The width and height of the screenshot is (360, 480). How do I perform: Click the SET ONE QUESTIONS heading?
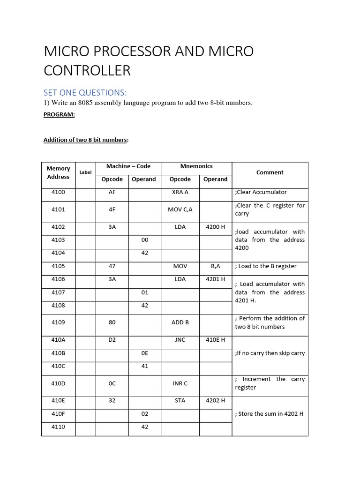coord(85,91)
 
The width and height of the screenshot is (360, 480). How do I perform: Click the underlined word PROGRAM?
coord(59,114)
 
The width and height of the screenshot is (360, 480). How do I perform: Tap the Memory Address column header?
coord(58,172)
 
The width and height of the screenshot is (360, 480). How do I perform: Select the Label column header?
coord(85,172)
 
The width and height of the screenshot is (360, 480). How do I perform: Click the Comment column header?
coord(270,172)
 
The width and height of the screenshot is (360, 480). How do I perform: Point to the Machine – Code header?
coord(128,166)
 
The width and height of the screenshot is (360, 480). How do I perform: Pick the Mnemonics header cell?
coord(196,166)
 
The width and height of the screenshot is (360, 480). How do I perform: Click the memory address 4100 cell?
coord(58,192)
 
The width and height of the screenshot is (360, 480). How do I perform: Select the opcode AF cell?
coord(112,192)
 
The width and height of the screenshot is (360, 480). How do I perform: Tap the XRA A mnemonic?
coord(180,192)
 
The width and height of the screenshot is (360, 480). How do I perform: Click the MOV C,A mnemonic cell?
coord(180,210)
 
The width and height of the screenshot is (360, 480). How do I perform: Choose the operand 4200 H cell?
coord(216,227)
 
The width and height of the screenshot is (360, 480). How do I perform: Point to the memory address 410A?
coord(58,340)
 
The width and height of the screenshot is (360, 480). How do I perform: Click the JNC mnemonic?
coord(180,340)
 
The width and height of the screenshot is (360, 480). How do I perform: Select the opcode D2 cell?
coord(112,340)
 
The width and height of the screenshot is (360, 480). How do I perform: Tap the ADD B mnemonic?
coord(180,322)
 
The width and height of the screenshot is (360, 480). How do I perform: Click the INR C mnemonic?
coord(180,383)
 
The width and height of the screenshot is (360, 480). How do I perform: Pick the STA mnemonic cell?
coord(180,401)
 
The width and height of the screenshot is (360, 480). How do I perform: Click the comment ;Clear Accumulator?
coord(261,192)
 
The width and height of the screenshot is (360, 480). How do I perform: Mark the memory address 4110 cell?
coord(58,427)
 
